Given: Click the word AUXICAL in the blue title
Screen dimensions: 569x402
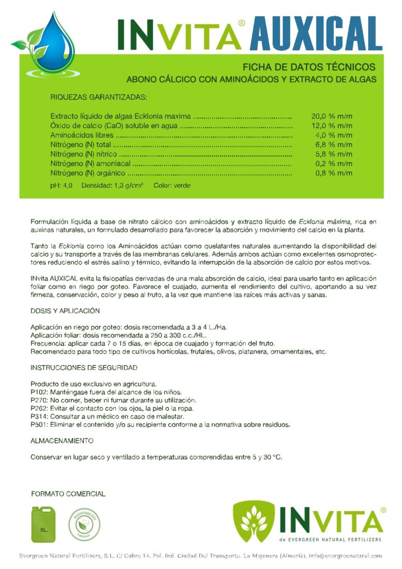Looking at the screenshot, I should pyautogui.click(x=316, y=34).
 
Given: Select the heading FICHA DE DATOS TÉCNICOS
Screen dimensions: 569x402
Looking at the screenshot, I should pyautogui.click(x=309, y=67).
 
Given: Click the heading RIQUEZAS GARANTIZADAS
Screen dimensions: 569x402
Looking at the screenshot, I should pyautogui.click(x=99, y=97).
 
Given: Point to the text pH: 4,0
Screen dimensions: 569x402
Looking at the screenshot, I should pyautogui.click(x=61, y=185).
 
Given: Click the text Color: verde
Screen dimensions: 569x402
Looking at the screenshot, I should pyautogui.click(x=172, y=185).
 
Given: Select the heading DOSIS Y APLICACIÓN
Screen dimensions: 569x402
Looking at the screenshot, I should pyautogui.click(x=65, y=311).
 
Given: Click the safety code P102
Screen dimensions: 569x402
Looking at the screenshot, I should pyautogui.click(x=39, y=392).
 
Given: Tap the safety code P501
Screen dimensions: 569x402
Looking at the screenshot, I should pyautogui.click(x=39, y=425).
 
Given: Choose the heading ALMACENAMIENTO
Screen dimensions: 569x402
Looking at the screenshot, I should pyautogui.click(x=62, y=441).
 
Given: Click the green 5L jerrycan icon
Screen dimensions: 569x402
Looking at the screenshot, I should pyautogui.click(x=43, y=524).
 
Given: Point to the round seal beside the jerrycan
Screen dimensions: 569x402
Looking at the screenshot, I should pyautogui.click(x=84, y=524).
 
